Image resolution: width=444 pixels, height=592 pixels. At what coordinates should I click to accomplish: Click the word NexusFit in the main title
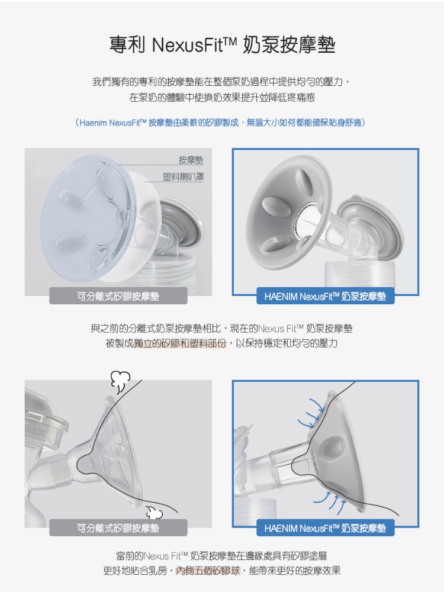194,45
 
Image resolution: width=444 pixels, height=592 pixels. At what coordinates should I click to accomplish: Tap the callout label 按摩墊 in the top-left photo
191,160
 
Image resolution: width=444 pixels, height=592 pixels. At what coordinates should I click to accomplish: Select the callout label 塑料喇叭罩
183,176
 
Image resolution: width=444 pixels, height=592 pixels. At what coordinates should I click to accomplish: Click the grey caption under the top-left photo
118,296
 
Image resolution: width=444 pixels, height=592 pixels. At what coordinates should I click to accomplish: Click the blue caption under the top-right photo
326,296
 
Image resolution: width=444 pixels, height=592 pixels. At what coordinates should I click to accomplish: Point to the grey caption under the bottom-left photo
118,528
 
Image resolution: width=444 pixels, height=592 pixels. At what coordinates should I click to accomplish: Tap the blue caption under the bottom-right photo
326,528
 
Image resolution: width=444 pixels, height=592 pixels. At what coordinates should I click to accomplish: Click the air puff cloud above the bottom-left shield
120,381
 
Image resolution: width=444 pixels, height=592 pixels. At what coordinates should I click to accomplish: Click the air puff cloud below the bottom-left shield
154,512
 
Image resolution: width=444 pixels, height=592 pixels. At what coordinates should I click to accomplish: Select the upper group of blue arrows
311,414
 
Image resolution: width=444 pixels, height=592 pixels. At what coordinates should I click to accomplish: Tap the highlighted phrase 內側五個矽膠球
208,571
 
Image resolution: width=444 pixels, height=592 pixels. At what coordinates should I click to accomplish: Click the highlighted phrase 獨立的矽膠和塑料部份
181,343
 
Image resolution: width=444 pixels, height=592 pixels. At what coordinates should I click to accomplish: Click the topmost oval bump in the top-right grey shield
303,180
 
